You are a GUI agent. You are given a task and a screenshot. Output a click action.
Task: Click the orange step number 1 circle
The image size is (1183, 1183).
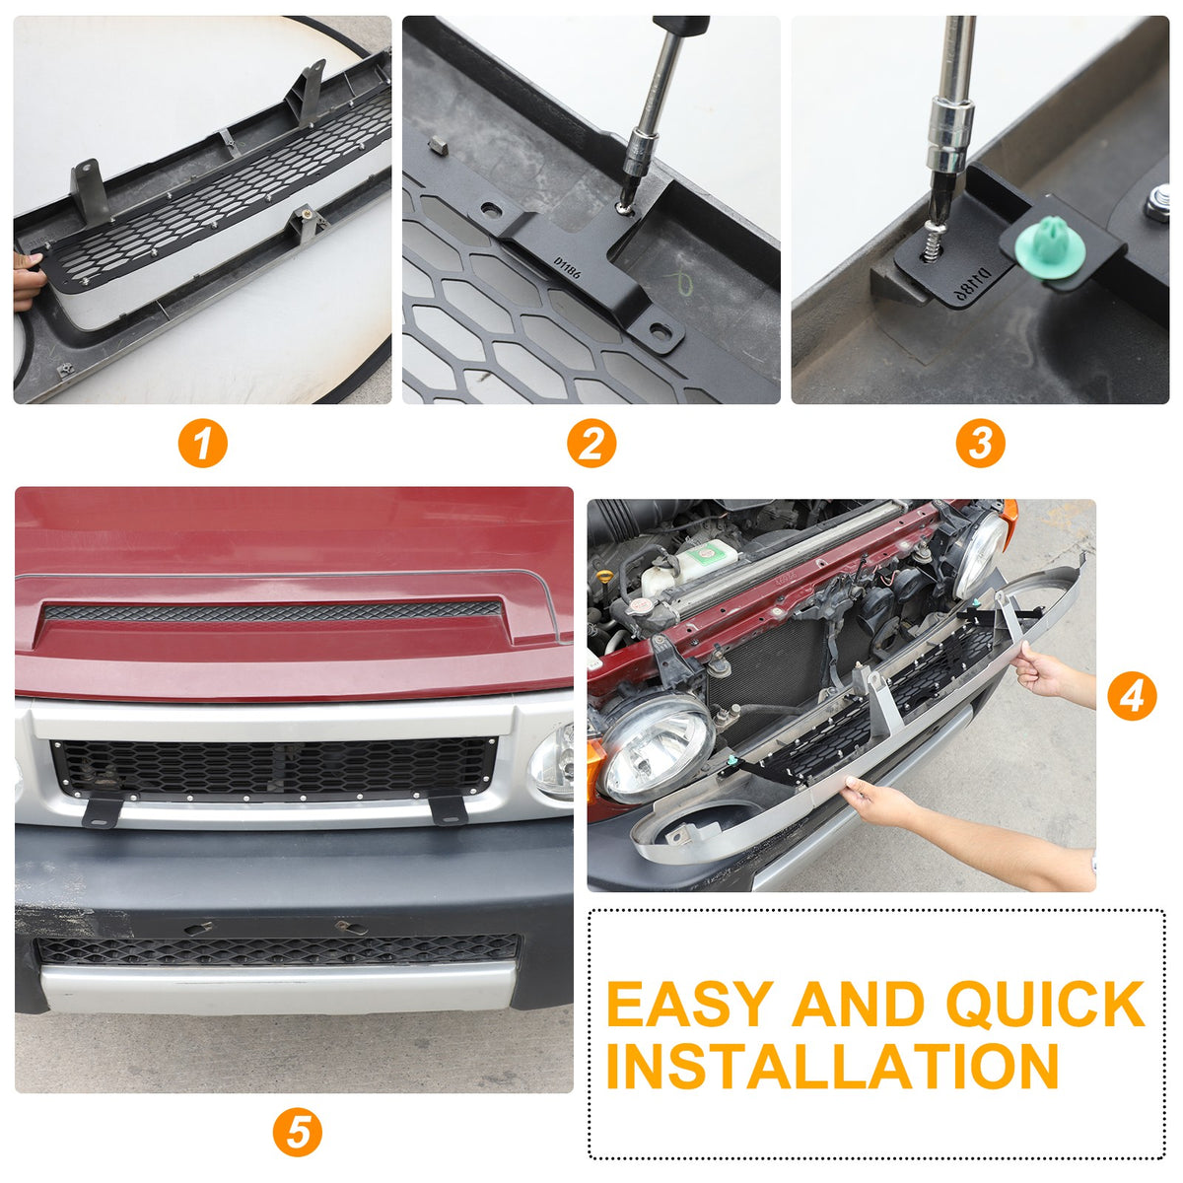[203, 444]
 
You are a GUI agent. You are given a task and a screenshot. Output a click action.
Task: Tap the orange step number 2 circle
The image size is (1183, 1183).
[591, 444]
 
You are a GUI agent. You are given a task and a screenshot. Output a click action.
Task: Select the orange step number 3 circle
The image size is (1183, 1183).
[980, 444]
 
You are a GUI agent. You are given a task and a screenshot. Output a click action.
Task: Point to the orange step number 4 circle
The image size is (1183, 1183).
[1132, 697]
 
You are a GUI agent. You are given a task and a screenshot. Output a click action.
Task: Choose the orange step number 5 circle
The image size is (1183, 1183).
[297, 1132]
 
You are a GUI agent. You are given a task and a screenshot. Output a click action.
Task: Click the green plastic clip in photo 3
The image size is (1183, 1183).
[1050, 250]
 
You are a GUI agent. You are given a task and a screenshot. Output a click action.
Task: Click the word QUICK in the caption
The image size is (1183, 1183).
[1046, 1005]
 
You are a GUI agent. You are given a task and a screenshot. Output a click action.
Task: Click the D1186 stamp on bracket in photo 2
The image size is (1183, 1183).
[567, 268]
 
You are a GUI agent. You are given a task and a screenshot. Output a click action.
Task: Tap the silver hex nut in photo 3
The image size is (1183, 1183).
[1157, 203]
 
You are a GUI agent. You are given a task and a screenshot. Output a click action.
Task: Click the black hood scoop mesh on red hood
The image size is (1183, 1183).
[272, 611]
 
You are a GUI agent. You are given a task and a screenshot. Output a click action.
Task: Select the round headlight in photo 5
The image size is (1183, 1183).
[551, 761]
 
